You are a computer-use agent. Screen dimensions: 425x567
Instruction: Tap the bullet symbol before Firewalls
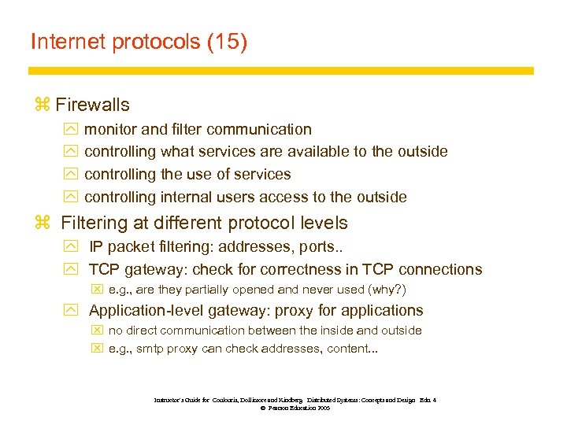42,105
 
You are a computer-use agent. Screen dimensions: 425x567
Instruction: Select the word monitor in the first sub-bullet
111,129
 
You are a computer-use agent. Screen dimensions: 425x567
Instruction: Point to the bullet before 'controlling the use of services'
69,175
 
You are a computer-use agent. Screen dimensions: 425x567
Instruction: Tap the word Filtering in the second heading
92,224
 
